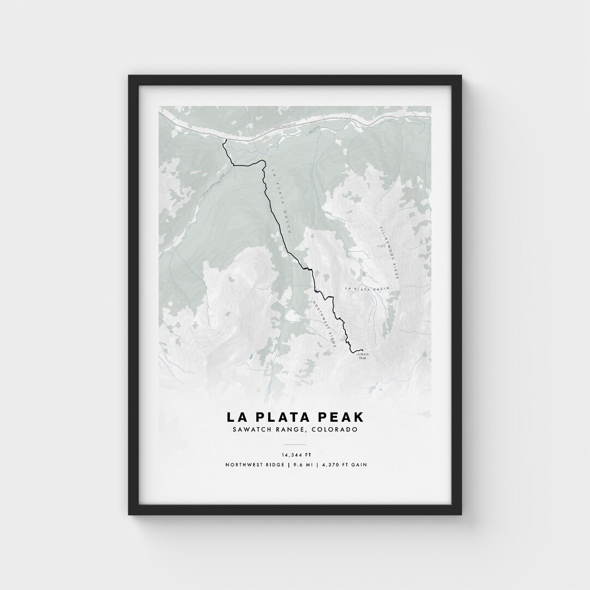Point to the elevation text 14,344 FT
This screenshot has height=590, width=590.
(294, 455)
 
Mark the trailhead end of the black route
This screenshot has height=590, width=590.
(224, 140)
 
